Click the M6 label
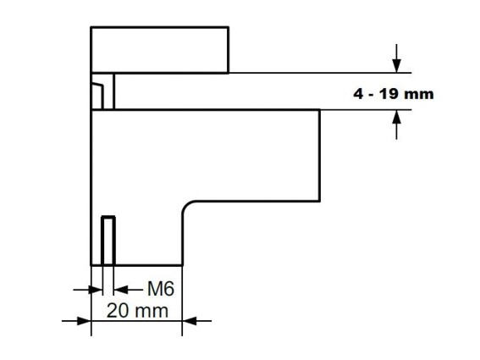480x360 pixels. (161, 289)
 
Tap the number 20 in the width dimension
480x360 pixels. (118, 311)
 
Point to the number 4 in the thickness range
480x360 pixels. (358, 94)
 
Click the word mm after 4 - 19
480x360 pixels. (419, 95)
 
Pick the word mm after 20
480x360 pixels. (152, 313)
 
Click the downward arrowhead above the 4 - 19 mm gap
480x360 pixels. (397, 65)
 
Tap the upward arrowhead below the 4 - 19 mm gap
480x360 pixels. (397, 117)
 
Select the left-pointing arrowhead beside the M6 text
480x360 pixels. (120, 289)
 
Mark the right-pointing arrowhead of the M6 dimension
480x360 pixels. (96, 289)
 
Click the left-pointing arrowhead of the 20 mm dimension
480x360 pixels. (190, 321)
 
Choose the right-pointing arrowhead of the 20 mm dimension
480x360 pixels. (84, 321)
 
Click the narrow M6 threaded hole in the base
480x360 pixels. (108, 241)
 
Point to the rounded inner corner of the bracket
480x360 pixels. (187, 206)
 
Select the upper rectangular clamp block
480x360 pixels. (160, 50)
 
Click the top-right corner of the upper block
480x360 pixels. (229, 27)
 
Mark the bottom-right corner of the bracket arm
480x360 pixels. (320, 201)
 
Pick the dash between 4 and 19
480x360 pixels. (372, 95)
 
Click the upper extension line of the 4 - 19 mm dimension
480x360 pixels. (320, 73)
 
